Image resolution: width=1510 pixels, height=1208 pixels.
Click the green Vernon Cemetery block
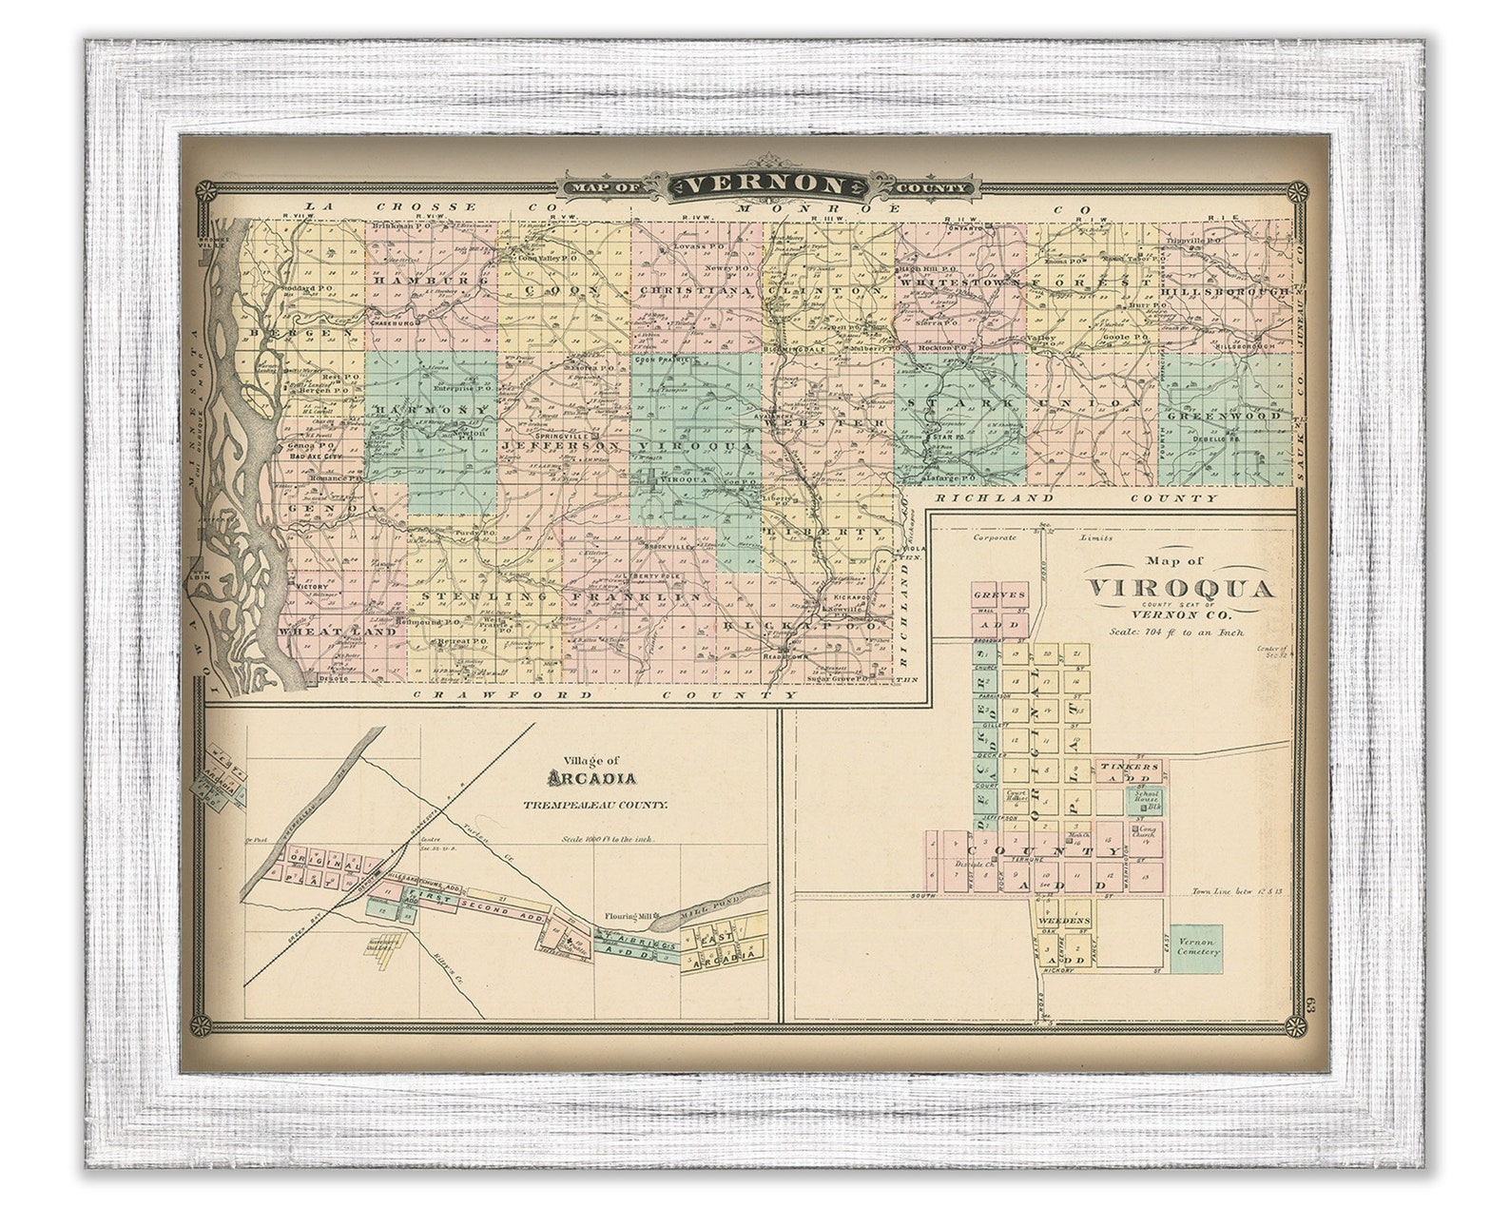(x=1195, y=946)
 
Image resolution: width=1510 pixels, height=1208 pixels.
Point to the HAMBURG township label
(x=431, y=282)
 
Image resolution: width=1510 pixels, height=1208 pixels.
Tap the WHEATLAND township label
(x=324, y=631)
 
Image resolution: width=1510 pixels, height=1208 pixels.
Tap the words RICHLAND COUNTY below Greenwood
(x=1076, y=497)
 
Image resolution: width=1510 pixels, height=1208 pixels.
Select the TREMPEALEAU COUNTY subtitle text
(x=594, y=805)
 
